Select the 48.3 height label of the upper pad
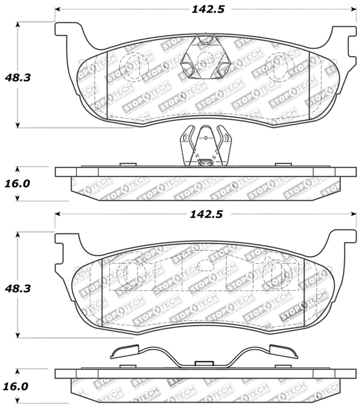(17, 78)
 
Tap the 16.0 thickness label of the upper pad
(17, 184)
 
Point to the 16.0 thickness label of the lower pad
(17, 386)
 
